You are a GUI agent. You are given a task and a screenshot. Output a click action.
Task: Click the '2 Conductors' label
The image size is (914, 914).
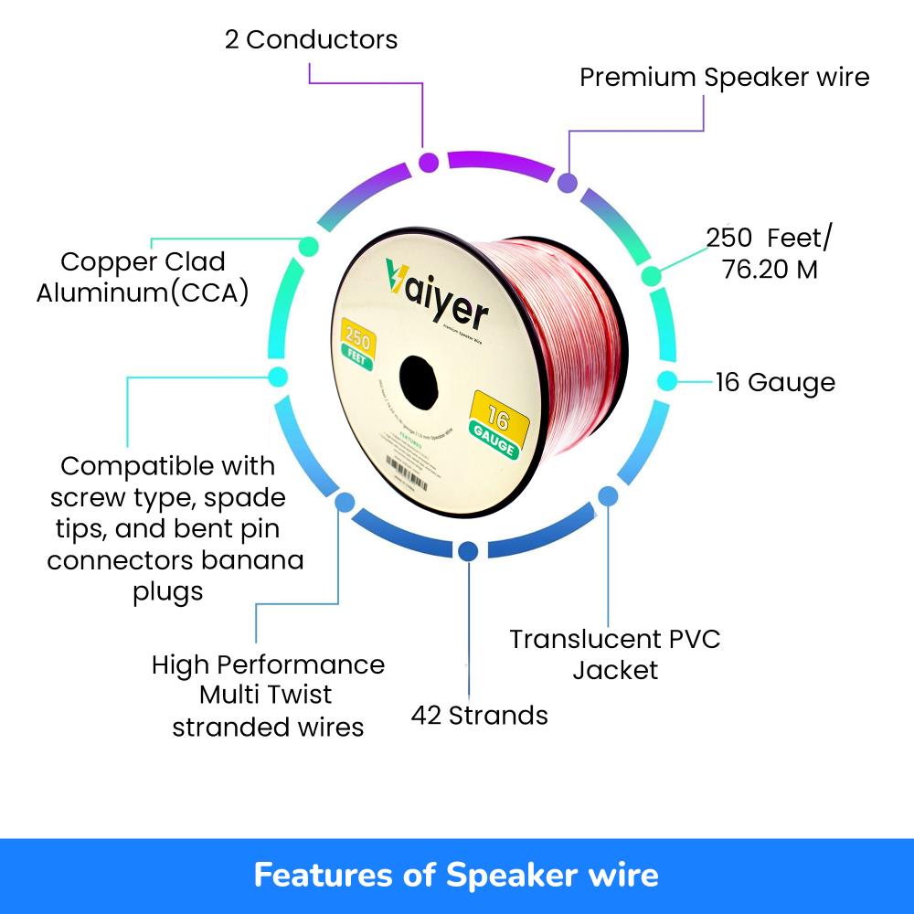[311, 40]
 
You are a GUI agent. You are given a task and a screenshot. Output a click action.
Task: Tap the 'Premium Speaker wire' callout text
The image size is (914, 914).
[724, 77]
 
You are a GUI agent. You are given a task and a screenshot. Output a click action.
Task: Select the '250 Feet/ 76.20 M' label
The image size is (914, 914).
[770, 253]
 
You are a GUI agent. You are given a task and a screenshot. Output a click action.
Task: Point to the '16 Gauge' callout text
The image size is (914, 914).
[775, 382]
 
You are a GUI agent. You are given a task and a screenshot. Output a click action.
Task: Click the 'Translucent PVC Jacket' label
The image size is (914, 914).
[615, 654]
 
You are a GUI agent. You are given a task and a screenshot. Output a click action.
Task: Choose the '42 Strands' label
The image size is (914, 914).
[479, 715]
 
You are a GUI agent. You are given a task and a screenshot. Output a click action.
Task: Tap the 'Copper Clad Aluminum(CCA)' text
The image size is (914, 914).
[143, 278]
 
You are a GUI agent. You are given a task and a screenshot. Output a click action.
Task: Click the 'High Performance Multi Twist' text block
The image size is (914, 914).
[268, 695]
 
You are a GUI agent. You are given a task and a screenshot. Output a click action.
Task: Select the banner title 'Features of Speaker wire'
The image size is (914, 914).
[456, 875]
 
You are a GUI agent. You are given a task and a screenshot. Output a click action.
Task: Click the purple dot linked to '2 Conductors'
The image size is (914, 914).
[429, 163]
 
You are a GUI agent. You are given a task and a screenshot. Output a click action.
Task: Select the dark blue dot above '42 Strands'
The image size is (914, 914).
[468, 551]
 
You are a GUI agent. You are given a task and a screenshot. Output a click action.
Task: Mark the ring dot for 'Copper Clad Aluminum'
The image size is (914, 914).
[308, 245]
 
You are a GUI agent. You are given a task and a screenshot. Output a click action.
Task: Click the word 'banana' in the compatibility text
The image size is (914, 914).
[260, 559]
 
